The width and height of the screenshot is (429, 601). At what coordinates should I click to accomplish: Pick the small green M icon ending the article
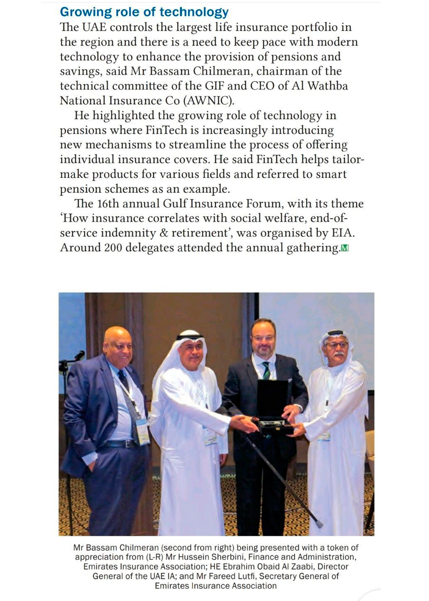click(x=345, y=248)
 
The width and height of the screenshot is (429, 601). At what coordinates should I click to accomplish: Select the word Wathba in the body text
click(x=327, y=86)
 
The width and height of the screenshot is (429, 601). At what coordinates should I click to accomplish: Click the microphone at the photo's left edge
click(x=79, y=355)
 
